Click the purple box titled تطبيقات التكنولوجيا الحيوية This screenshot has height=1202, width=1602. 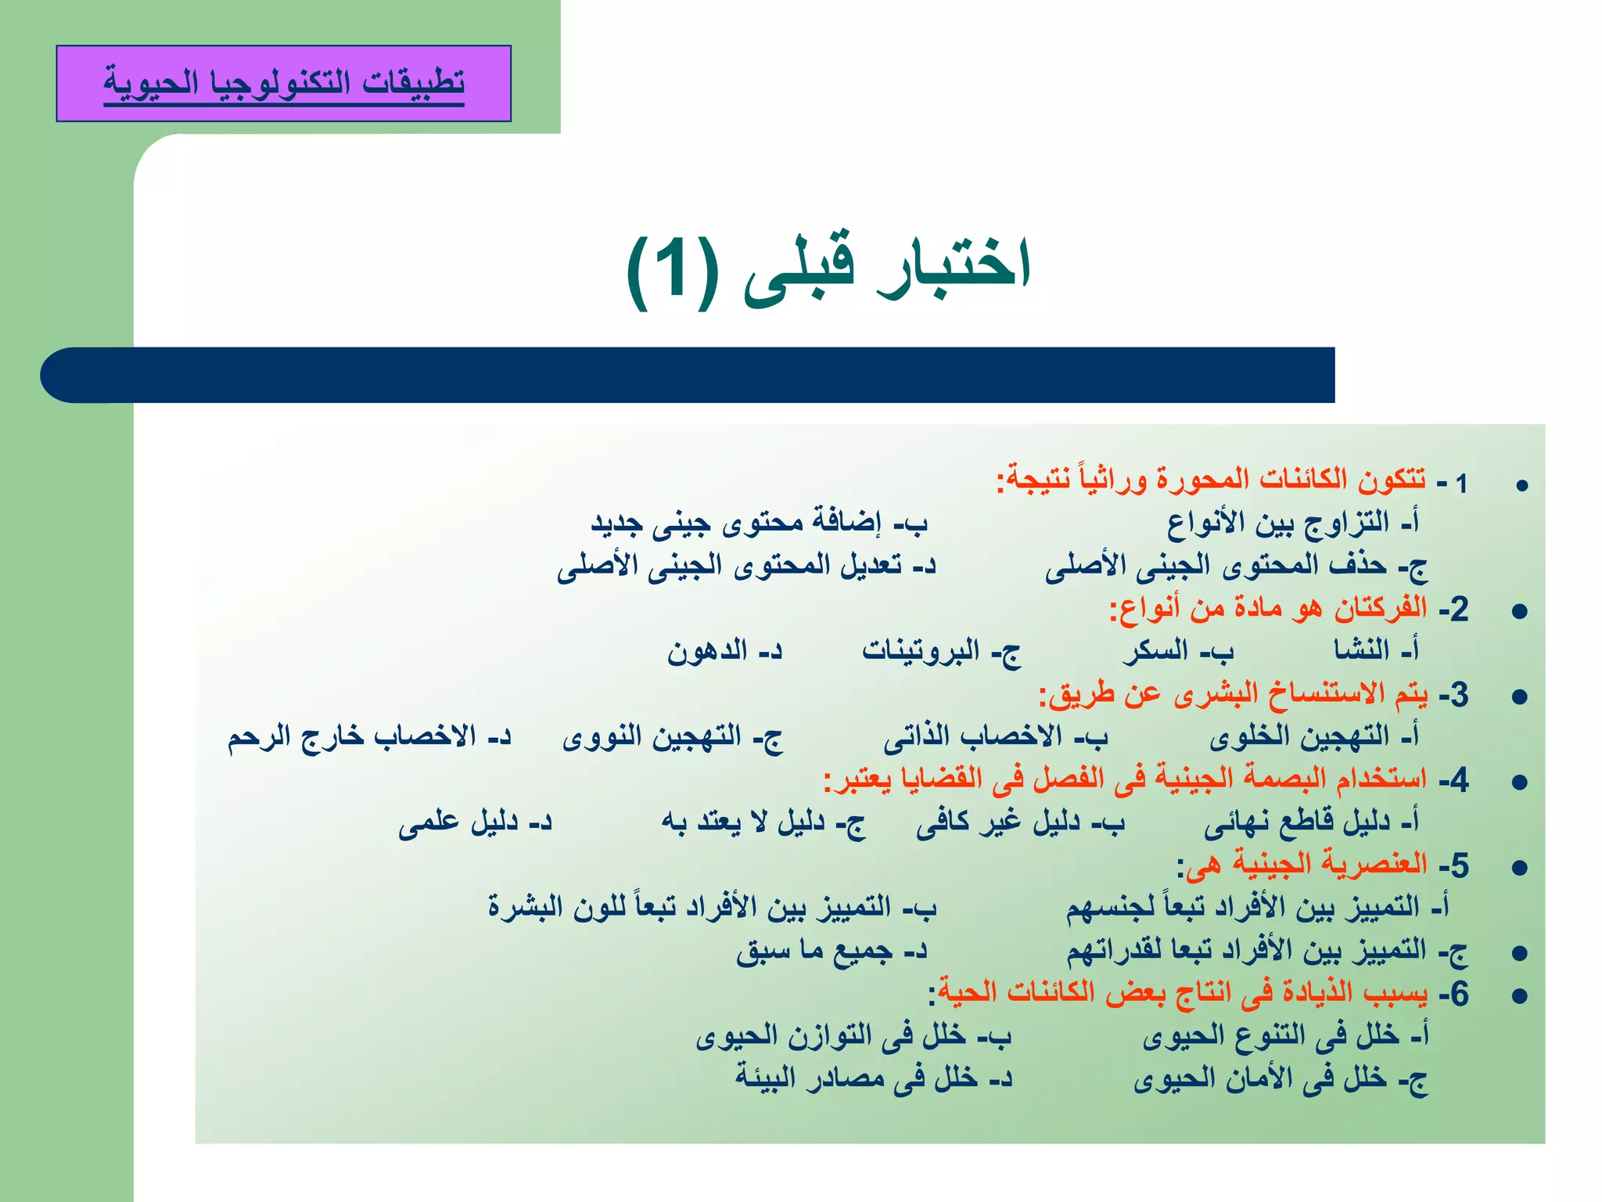[x=283, y=83]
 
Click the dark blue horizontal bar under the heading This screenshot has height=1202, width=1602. [x=688, y=375]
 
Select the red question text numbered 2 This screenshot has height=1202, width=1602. [x=1267, y=609]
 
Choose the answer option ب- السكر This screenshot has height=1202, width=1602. [x=1178, y=651]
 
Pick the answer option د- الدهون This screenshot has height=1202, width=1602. [x=724, y=651]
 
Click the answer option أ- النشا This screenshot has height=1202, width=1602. [x=1376, y=650]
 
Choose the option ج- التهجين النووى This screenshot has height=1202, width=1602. [x=672, y=737]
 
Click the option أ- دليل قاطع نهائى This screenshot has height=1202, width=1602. [x=1311, y=822]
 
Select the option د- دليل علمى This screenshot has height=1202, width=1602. [x=475, y=822]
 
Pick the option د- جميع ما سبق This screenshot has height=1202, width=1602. [x=832, y=951]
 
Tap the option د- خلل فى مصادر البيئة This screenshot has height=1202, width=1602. [x=874, y=1079]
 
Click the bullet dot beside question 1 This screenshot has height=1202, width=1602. [x=1521, y=486]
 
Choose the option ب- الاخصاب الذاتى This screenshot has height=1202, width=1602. [x=996, y=737]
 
